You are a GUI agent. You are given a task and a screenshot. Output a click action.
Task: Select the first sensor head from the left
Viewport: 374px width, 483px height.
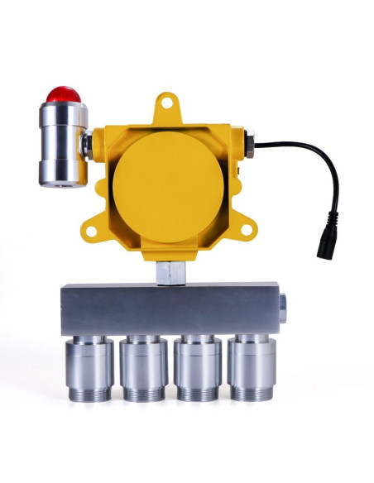[89, 368]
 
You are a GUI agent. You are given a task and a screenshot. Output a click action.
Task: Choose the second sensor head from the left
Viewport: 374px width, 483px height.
[143, 368]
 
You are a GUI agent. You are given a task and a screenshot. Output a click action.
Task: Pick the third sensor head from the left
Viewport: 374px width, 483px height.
[198, 368]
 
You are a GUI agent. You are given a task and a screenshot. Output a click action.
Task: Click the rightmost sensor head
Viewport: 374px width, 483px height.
[252, 368]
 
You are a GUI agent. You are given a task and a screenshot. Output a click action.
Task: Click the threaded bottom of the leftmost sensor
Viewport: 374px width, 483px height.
[89, 390]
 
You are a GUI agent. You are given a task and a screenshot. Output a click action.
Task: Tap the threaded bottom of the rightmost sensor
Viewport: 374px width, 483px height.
[252, 390]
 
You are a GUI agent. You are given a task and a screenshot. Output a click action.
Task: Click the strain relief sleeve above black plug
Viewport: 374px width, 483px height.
[331, 222]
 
